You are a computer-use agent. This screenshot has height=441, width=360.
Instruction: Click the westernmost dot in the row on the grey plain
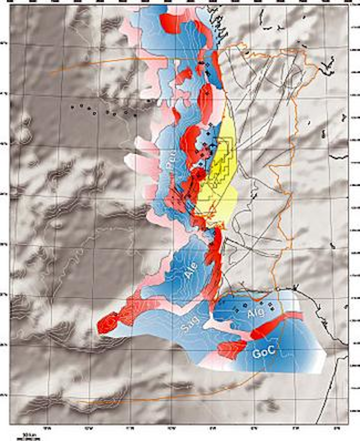[x=72, y=106]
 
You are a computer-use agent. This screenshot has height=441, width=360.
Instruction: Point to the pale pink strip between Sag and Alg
[x=220, y=325]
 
